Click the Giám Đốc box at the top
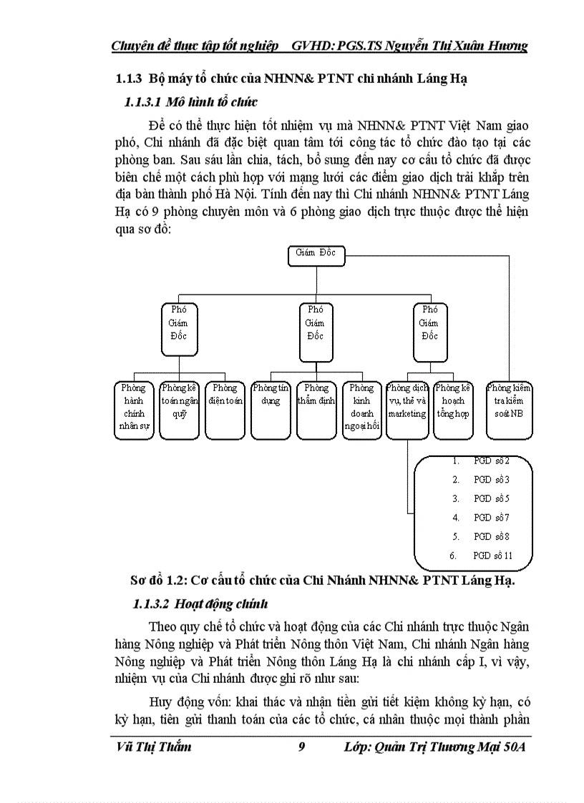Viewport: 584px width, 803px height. pyautogui.click(x=316, y=255)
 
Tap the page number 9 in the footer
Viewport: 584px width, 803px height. pyautogui.click(x=301, y=747)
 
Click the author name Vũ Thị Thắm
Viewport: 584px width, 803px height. pyautogui.click(x=153, y=747)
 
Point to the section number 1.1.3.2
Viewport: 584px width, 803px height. pyautogui.click(x=150, y=604)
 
